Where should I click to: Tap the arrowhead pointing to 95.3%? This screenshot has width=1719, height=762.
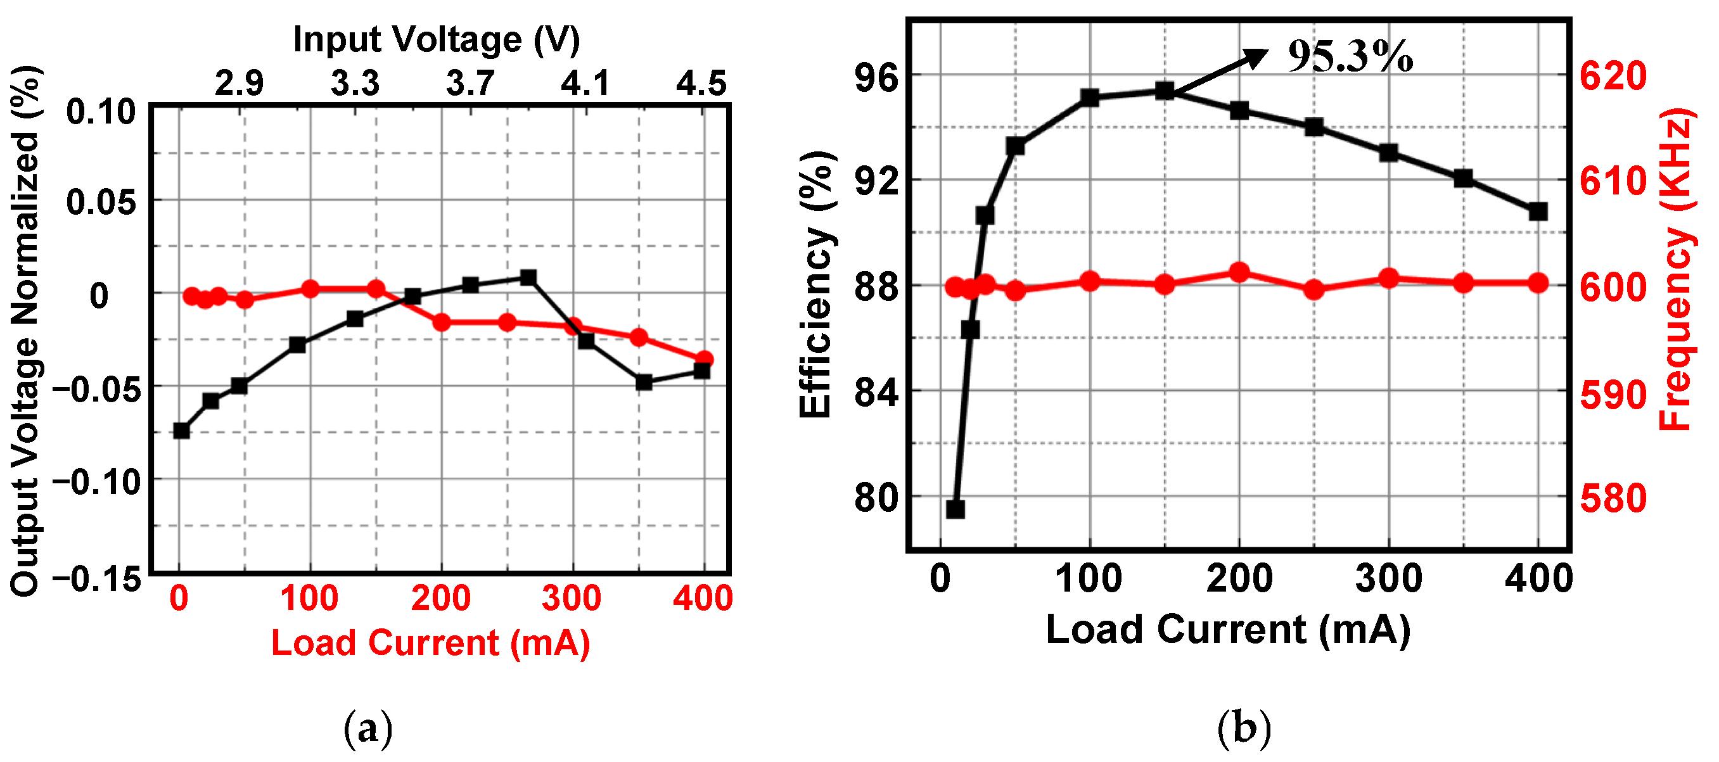click(x=1257, y=58)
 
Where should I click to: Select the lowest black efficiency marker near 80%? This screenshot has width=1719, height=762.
click(x=955, y=509)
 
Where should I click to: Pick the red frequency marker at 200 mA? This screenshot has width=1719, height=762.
click(x=1239, y=272)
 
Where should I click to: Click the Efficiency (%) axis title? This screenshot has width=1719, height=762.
click(x=815, y=284)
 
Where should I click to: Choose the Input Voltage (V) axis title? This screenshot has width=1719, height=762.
click(x=437, y=39)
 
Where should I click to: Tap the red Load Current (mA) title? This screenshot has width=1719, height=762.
click(x=430, y=643)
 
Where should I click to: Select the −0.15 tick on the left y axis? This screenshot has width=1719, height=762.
click(x=98, y=579)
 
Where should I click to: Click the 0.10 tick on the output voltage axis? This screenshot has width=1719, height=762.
click(x=101, y=111)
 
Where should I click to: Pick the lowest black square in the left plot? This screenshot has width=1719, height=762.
click(x=181, y=430)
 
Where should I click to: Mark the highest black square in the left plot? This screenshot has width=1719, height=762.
click(x=528, y=277)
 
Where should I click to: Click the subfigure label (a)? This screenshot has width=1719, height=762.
click(x=367, y=728)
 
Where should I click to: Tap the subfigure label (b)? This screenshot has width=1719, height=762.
click(x=1244, y=728)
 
